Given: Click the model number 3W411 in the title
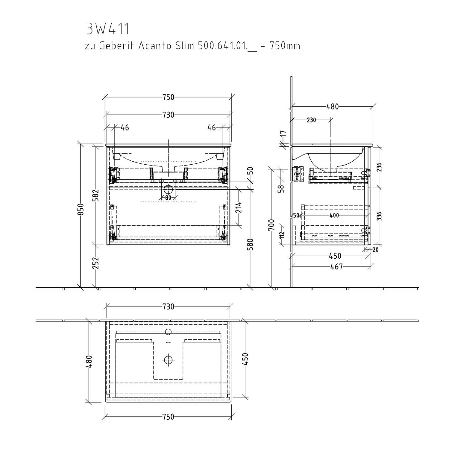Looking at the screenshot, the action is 108,29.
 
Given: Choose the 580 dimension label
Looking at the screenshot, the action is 251,244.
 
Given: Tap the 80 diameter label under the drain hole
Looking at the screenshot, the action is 168,198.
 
